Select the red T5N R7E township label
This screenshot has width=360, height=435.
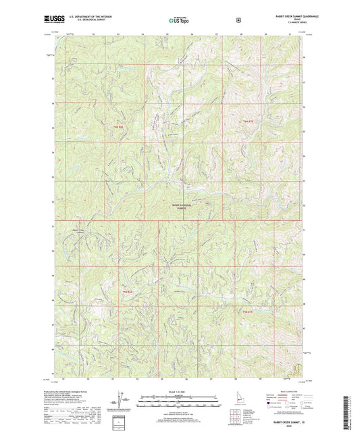[247, 120]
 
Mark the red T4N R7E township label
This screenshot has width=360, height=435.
[247, 311]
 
